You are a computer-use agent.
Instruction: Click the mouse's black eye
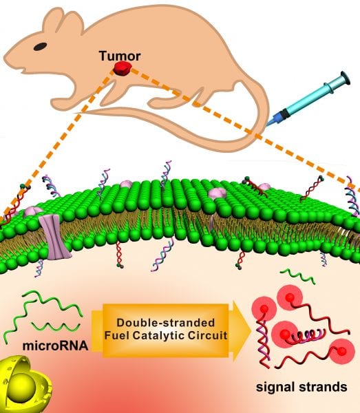click(41, 47)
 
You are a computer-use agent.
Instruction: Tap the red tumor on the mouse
click(122, 68)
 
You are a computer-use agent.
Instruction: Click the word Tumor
click(120, 56)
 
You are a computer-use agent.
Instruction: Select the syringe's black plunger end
click(346, 78)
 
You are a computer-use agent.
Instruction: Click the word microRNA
click(55, 346)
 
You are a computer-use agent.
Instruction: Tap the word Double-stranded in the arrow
click(166, 323)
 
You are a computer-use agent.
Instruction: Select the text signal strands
click(301, 387)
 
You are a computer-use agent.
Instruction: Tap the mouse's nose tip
click(4, 60)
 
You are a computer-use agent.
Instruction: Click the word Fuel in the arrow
click(117, 336)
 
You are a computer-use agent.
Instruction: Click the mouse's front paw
click(56, 103)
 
